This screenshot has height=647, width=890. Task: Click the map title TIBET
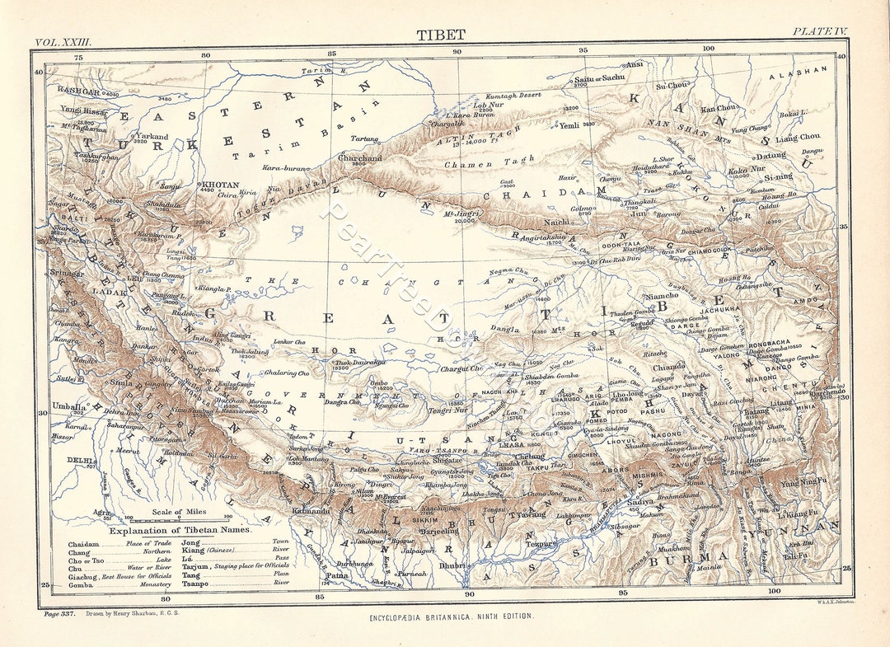point(440,35)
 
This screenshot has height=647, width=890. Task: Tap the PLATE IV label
point(820,31)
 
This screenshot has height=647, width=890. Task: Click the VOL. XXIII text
point(63,40)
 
